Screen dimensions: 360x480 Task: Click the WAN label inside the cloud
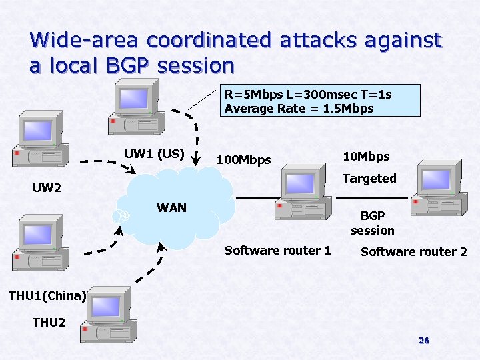(x=171, y=207)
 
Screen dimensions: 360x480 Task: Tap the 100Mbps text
(x=244, y=159)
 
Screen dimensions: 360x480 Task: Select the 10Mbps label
(x=366, y=156)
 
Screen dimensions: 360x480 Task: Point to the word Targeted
(x=369, y=178)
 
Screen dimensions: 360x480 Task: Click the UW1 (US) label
(x=154, y=154)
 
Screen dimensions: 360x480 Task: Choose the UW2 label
(x=47, y=188)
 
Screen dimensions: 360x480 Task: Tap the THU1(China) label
(x=47, y=296)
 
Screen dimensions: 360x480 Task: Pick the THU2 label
(x=49, y=323)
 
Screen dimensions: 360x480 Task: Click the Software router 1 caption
(x=277, y=250)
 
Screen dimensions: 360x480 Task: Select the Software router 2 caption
(x=413, y=251)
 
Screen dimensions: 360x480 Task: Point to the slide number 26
(x=423, y=341)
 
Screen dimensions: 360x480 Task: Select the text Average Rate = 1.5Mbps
(x=299, y=108)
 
